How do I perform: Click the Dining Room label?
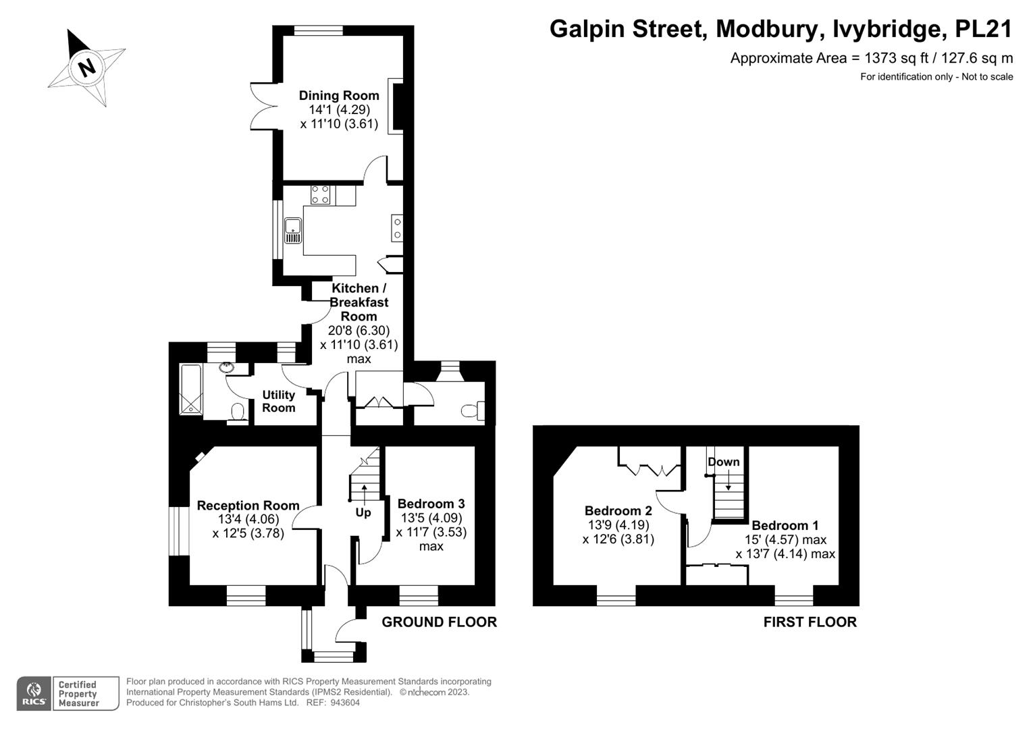coord(339,95)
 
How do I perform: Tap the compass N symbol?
coord(86,67)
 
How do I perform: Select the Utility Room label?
coord(279,401)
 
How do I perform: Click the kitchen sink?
coord(293,230)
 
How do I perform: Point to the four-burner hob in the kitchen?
coord(321,195)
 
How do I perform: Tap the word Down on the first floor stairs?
coord(723,462)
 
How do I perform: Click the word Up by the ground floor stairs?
coord(363,512)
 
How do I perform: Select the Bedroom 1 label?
coord(785,525)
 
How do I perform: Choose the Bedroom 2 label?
coord(618,510)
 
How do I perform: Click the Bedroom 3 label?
coord(431,504)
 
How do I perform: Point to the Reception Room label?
coord(248,505)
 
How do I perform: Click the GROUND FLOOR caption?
coord(439,622)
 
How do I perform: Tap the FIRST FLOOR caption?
coord(810,622)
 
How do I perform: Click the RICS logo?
coord(34,693)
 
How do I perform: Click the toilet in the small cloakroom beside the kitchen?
coord(471,410)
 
